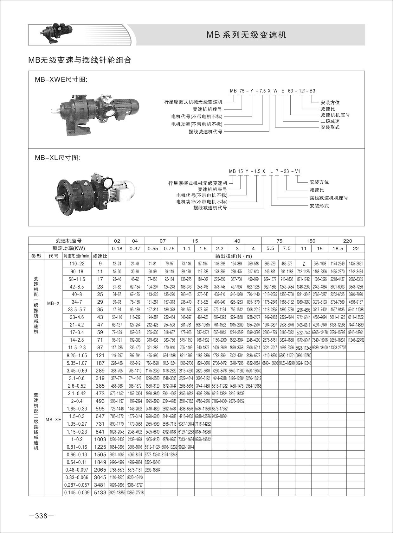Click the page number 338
tap(41, 516)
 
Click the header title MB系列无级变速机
tap(247, 35)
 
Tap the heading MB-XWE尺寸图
tap(61, 80)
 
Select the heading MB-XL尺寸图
tap(58, 157)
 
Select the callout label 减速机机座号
tap(335, 115)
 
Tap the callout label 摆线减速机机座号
tap(329, 198)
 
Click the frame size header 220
tap(348, 241)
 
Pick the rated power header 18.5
tap(338, 249)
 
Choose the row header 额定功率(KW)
tap(68, 248)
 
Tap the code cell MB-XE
tap(53, 420)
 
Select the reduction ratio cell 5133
tap(100, 493)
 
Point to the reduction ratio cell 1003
tap(100, 439)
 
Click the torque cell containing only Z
tap(304, 263)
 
